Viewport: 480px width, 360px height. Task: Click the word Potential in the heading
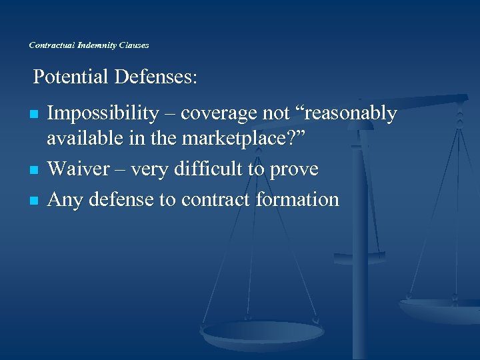71,78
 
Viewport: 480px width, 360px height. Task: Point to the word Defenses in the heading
156,78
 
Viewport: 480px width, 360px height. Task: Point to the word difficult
209,170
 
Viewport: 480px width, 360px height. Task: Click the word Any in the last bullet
64,199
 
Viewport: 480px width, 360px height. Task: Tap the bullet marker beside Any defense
33,200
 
